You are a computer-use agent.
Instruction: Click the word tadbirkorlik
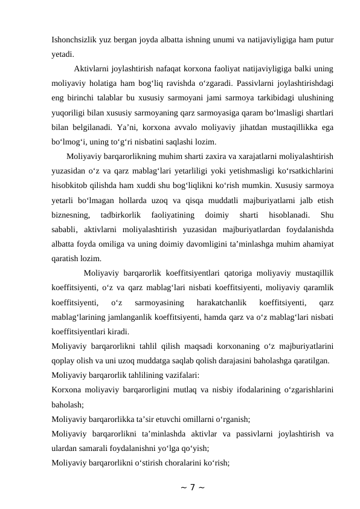click(121, 215)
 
